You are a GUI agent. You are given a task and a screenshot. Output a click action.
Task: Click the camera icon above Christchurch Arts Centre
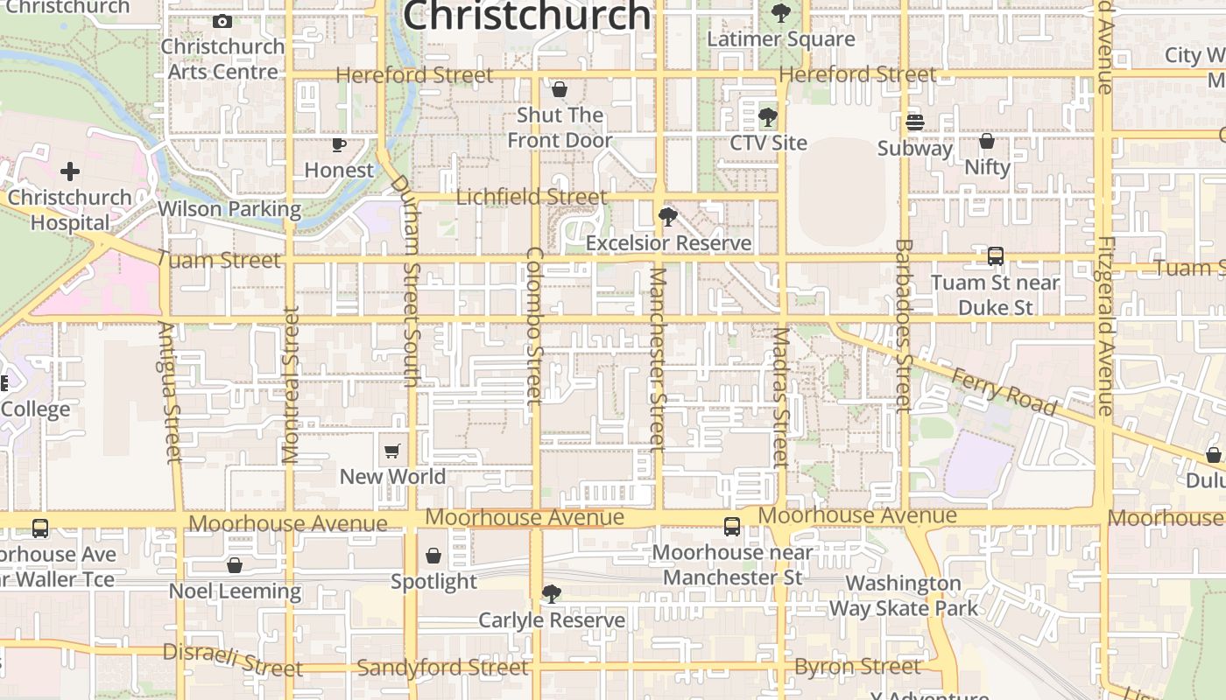coord(222,21)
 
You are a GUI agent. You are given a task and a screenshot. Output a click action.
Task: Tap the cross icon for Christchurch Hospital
coord(70,171)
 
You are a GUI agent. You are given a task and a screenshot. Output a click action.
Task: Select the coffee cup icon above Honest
coord(339,144)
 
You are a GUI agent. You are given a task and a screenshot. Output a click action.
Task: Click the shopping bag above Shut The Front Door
coord(560,89)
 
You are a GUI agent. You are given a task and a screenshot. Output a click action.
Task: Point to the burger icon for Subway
coord(915,122)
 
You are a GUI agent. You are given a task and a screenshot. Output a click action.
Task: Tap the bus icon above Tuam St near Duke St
coord(995,256)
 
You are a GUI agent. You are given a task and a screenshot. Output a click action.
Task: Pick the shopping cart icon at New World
coord(392,451)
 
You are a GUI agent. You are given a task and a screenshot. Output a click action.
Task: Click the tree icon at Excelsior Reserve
coord(668,217)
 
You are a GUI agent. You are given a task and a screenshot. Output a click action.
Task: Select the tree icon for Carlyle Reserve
coord(551,594)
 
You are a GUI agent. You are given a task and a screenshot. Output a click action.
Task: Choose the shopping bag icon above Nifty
coord(987,141)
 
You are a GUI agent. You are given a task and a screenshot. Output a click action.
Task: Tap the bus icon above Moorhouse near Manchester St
coord(732,527)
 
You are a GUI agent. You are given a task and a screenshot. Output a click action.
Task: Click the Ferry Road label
coord(1004,391)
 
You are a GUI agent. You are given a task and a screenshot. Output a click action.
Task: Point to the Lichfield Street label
coord(532,197)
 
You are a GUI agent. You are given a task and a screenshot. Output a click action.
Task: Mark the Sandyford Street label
coord(443,668)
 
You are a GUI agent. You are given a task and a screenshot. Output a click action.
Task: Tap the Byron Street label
coord(857,667)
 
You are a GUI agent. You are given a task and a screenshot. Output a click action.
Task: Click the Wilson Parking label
coord(229,209)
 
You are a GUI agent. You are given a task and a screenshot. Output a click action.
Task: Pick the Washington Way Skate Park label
coord(903,595)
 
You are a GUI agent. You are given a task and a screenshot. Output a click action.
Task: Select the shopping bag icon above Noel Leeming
coord(234,565)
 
